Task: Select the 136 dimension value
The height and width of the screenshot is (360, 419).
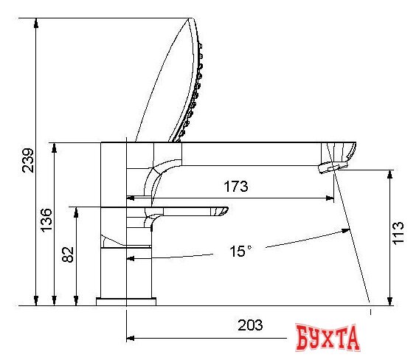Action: pos(46,221)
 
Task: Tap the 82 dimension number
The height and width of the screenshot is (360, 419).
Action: pos(67,255)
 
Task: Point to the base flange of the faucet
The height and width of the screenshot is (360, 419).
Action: pos(127,301)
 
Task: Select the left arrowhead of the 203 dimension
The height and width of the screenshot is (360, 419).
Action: pos(132,339)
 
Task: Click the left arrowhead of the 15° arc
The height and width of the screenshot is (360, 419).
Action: pos(131,259)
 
